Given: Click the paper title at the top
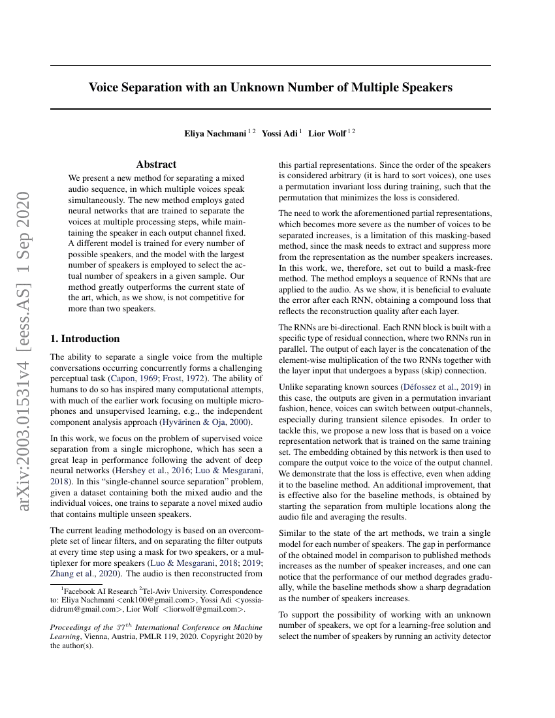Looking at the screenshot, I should (x=270, y=87).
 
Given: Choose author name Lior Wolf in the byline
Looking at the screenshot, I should (x=327, y=134).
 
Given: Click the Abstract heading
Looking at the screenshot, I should (x=156, y=164).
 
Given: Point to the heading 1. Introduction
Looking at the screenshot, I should (x=85, y=338).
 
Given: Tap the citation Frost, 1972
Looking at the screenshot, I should (x=190, y=379).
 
